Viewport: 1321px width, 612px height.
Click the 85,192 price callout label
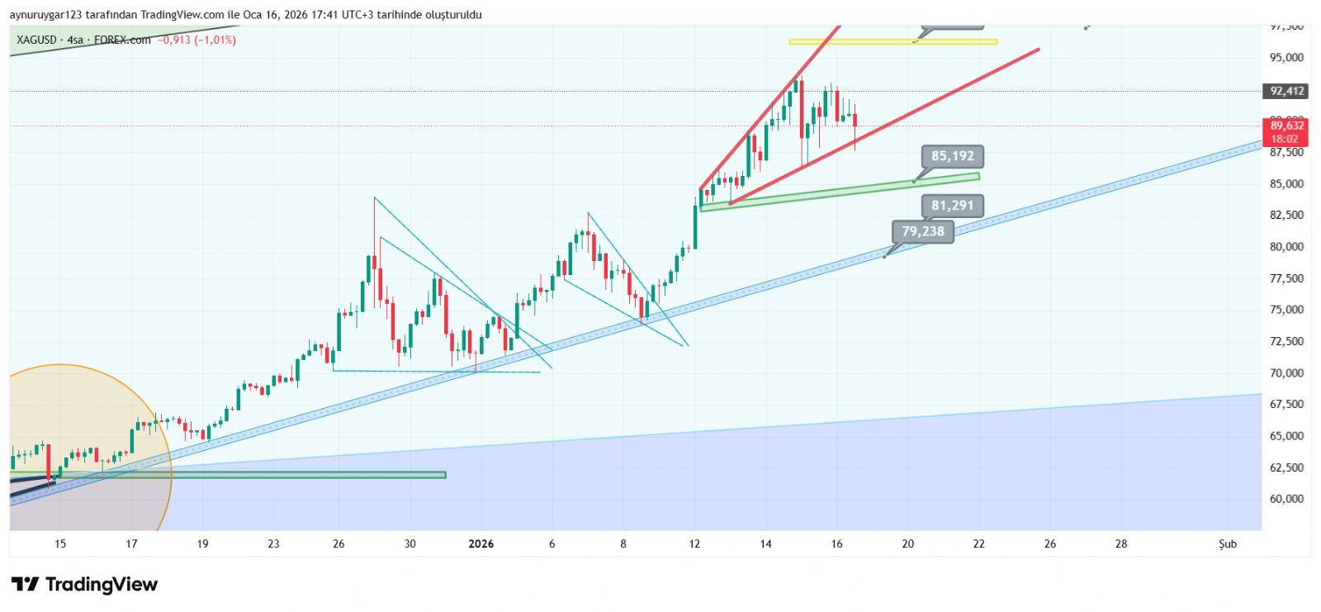pyautogui.click(x=953, y=156)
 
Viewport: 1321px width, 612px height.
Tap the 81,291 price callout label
pyautogui.click(x=952, y=206)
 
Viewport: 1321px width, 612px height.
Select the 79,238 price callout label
pyautogui.click(x=922, y=231)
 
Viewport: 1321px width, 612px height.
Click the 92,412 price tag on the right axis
pyautogui.click(x=1286, y=91)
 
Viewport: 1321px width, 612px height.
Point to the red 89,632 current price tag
pyautogui.click(x=1286, y=131)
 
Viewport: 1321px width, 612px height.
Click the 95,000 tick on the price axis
pyautogui.click(x=1286, y=58)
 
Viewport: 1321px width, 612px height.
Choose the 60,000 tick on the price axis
pyautogui.click(x=1286, y=499)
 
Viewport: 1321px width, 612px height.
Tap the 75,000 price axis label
pyautogui.click(x=1286, y=310)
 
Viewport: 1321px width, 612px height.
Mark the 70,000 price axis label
pyautogui.click(x=1286, y=372)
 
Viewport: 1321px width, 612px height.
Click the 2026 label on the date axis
pyautogui.click(x=481, y=543)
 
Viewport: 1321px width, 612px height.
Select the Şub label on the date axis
pyautogui.click(x=1228, y=543)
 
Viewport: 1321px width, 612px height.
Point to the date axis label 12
pyautogui.click(x=694, y=543)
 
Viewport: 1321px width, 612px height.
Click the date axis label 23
pyautogui.click(x=273, y=543)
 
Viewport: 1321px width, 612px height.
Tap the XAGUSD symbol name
pyautogui.click(x=36, y=40)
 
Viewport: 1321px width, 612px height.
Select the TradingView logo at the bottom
pyautogui.click(x=84, y=585)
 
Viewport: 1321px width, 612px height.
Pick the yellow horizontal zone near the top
pyautogui.click(x=893, y=41)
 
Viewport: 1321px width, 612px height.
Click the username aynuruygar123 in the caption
pyautogui.click(x=45, y=15)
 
